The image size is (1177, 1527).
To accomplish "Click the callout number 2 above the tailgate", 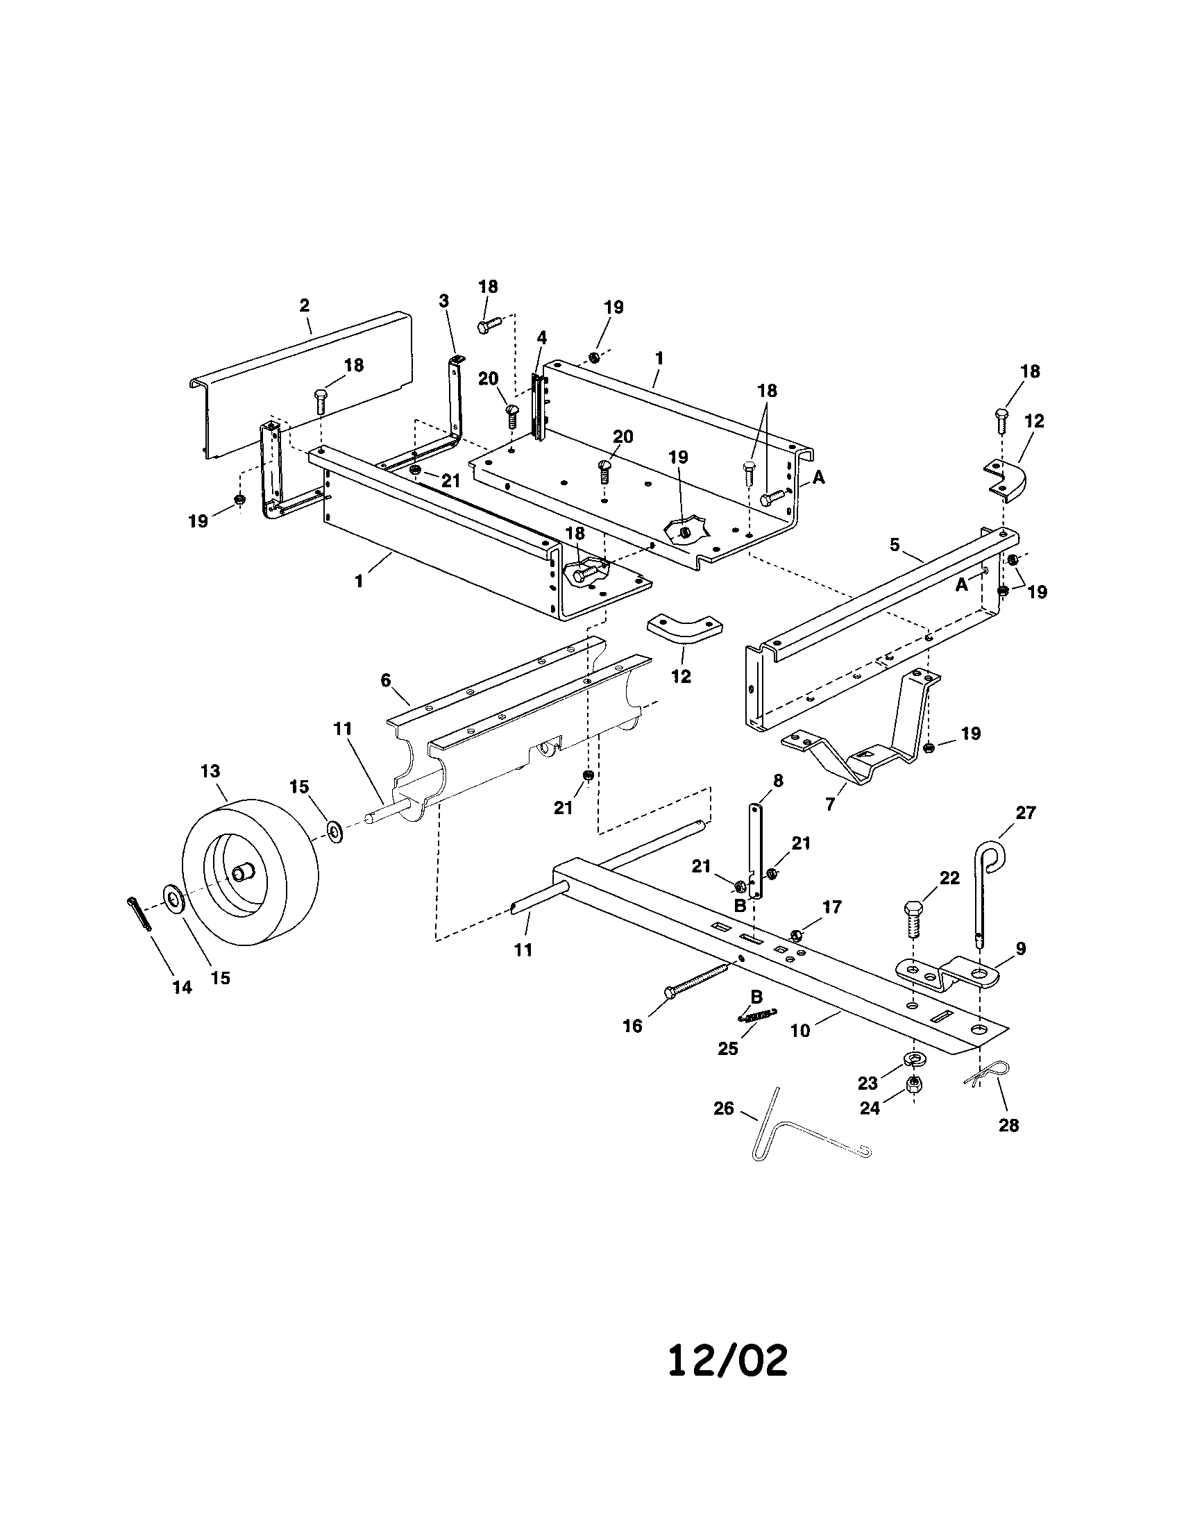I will tap(304, 305).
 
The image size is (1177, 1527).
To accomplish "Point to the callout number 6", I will tap(385, 680).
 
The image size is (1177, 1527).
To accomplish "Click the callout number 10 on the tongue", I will tap(800, 1031).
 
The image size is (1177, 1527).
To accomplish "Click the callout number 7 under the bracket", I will tap(829, 804).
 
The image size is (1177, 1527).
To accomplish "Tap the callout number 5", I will tap(895, 545).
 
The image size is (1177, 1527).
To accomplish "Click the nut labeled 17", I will tap(795, 935).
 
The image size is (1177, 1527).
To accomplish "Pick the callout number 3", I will tap(444, 301).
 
